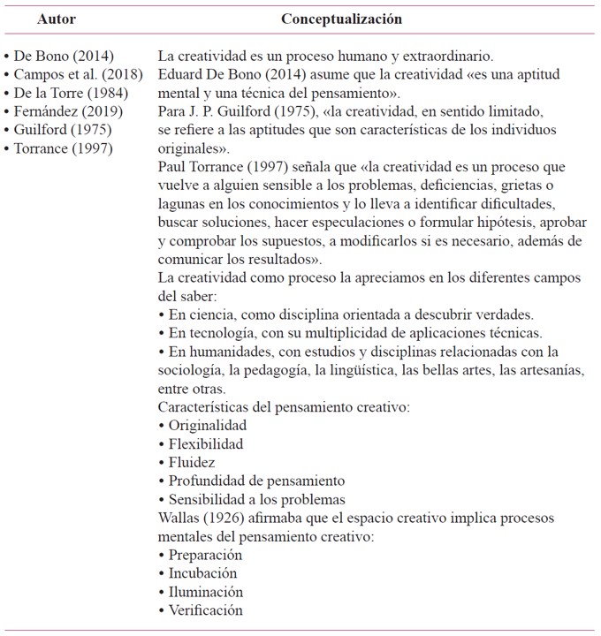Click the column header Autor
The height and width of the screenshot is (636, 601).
point(57,19)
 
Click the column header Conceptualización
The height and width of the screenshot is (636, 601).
point(341,19)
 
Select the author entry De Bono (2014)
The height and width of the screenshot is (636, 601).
point(64,56)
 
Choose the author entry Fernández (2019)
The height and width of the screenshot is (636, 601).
point(68,111)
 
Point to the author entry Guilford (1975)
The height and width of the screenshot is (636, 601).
point(64,130)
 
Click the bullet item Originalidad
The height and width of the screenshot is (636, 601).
point(202,425)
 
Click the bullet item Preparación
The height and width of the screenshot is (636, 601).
point(204,555)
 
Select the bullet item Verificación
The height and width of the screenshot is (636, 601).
point(205,610)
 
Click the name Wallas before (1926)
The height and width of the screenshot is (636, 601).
point(180,518)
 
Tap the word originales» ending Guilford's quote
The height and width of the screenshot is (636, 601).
point(194,148)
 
